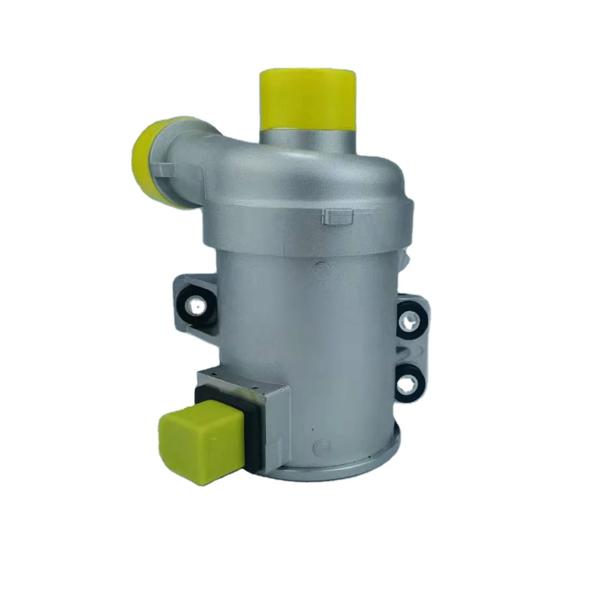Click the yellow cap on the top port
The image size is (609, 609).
[x=308, y=99]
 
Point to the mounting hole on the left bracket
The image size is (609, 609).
[x=197, y=306]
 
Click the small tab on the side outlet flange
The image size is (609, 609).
[x=167, y=167]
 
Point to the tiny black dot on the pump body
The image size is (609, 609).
[x=314, y=430]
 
